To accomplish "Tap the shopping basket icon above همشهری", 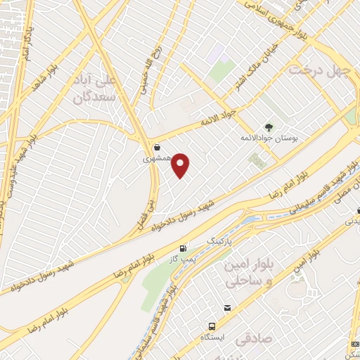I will [156, 148].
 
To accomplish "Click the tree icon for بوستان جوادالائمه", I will [267, 127].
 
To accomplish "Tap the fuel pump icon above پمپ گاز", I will [184, 248].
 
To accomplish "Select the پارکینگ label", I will [218, 240].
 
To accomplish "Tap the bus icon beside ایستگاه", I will [211, 328].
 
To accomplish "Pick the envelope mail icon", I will [228, 308].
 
